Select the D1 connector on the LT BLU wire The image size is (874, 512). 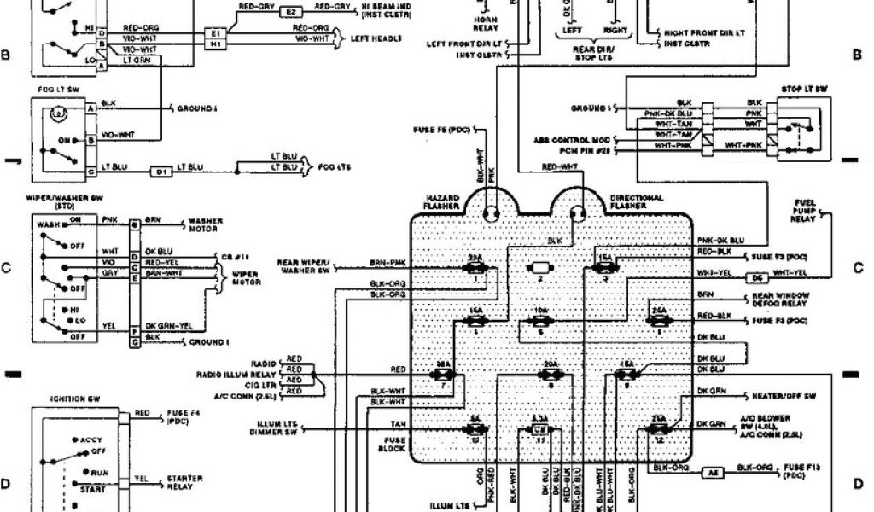click(x=161, y=172)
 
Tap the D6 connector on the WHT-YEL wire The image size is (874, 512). click(x=755, y=278)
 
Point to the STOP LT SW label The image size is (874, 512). click(x=805, y=89)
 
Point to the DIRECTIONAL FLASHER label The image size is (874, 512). click(x=637, y=202)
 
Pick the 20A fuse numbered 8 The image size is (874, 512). click(x=548, y=374)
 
